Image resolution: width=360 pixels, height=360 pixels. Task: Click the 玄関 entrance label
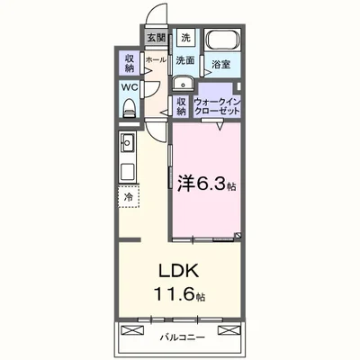(x=157, y=38)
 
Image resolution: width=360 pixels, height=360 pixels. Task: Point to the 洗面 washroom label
(x=185, y=60)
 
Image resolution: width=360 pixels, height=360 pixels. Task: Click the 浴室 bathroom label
(x=220, y=64)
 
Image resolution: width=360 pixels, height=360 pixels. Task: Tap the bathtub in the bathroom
(x=220, y=40)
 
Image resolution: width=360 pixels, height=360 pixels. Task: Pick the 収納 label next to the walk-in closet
(x=181, y=105)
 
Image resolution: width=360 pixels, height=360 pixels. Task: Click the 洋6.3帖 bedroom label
(x=206, y=185)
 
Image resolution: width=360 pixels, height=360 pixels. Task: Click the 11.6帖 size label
(x=180, y=294)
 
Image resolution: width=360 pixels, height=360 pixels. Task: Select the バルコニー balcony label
(x=183, y=337)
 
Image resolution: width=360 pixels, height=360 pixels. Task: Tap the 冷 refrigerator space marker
(x=129, y=196)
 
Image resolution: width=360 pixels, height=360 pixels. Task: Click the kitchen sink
(x=127, y=143)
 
